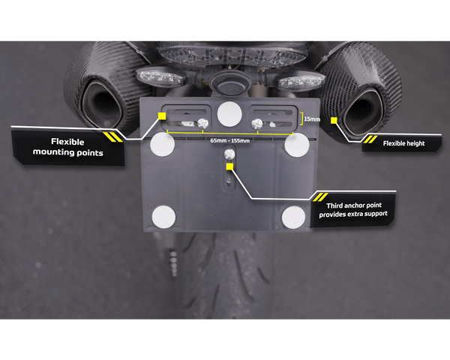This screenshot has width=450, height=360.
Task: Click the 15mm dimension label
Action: click(x=311, y=118)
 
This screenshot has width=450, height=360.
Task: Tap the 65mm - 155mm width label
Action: click(x=229, y=140)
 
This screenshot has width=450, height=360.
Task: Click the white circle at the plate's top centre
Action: click(x=229, y=112)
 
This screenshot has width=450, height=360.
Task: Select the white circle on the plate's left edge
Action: click(x=163, y=145)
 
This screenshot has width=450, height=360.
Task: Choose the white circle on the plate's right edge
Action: click(x=295, y=145)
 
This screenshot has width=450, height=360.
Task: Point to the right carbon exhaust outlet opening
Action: click(x=361, y=109)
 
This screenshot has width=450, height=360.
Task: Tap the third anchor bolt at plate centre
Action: click(x=229, y=153)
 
